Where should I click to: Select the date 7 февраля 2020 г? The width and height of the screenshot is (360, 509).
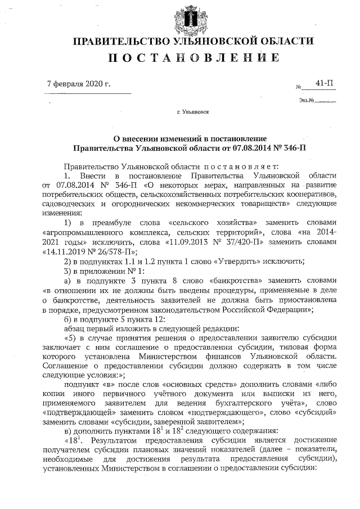(x=79, y=84)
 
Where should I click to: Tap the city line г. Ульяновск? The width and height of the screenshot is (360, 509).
(x=193, y=112)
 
